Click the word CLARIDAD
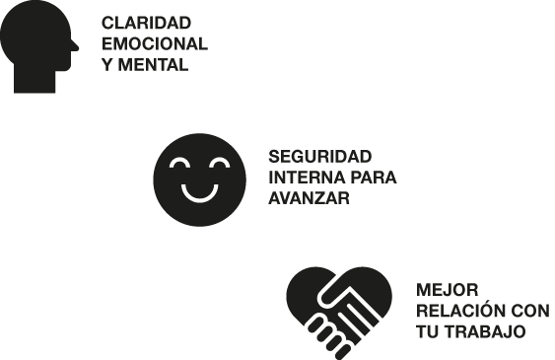[146, 23]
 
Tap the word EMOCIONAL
[155, 44]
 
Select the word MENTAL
[153, 65]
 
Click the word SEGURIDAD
[320, 157]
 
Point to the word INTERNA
[303, 177]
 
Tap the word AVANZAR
[309, 198]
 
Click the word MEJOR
[447, 290]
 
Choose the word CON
[530, 311]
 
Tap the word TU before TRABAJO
[428, 331]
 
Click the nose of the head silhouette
[74, 46]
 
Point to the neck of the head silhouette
[35, 81]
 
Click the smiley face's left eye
[179, 163]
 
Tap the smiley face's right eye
[220, 163]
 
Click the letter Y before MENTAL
[107, 65]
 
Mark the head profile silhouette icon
[39, 46]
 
